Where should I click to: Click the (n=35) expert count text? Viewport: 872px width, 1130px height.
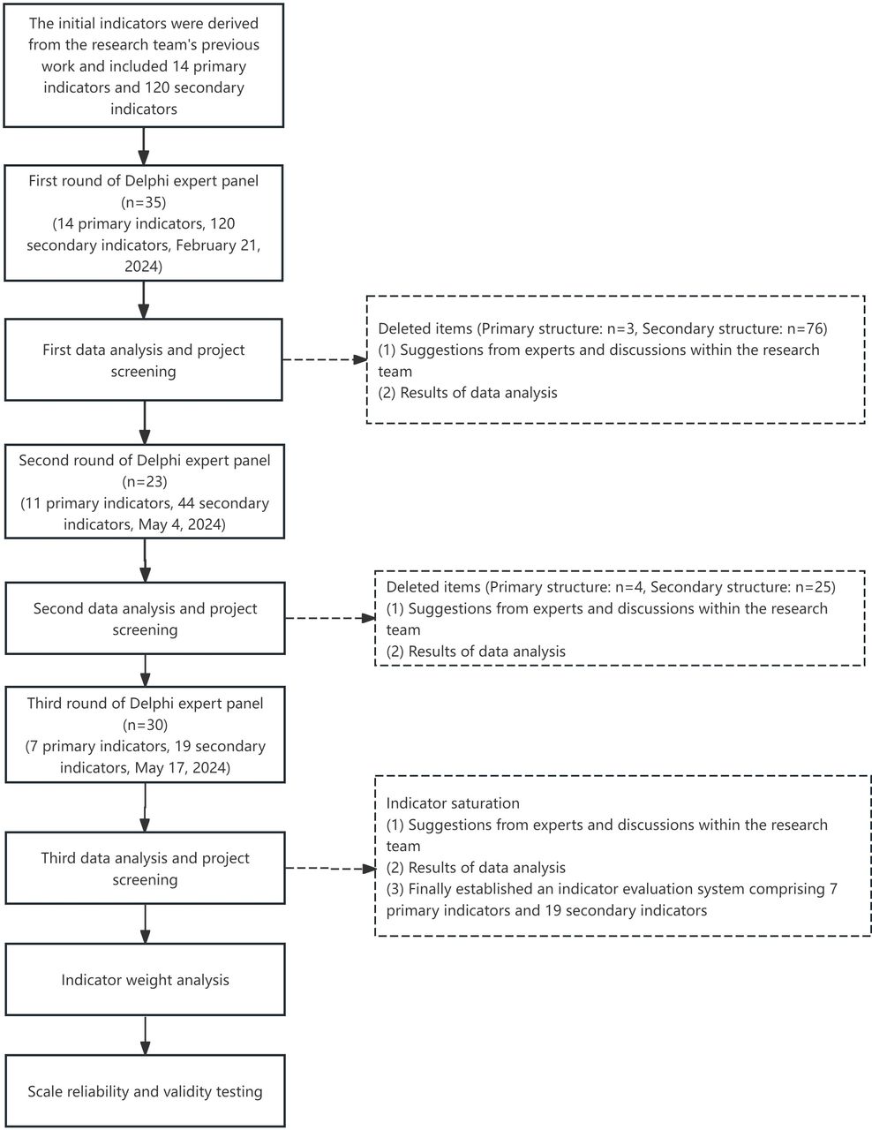[144, 202]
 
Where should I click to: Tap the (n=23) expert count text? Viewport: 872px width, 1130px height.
[145, 482]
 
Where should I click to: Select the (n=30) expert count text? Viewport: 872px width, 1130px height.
[145, 725]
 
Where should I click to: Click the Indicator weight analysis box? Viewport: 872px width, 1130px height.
[145, 980]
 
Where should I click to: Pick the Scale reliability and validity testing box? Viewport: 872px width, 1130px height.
[145, 1090]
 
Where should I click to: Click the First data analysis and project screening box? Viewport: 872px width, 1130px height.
[144, 360]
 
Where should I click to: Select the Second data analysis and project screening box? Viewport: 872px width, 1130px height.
[145, 618]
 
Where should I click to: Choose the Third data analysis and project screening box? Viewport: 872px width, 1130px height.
[145, 868]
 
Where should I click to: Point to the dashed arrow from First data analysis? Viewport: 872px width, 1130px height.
[325, 359]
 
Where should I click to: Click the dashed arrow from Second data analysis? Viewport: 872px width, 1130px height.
[330, 618]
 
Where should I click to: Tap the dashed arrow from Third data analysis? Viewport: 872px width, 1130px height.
[330, 869]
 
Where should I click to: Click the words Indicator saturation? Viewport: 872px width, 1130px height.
[453, 803]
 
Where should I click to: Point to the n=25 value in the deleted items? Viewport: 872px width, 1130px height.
[812, 587]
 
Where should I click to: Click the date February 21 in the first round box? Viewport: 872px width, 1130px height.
[215, 245]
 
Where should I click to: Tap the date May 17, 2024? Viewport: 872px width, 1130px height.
[179, 767]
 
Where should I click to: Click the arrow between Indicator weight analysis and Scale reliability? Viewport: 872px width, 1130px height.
[145, 1036]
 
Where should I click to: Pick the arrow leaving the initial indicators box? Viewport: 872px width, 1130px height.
[144, 147]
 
